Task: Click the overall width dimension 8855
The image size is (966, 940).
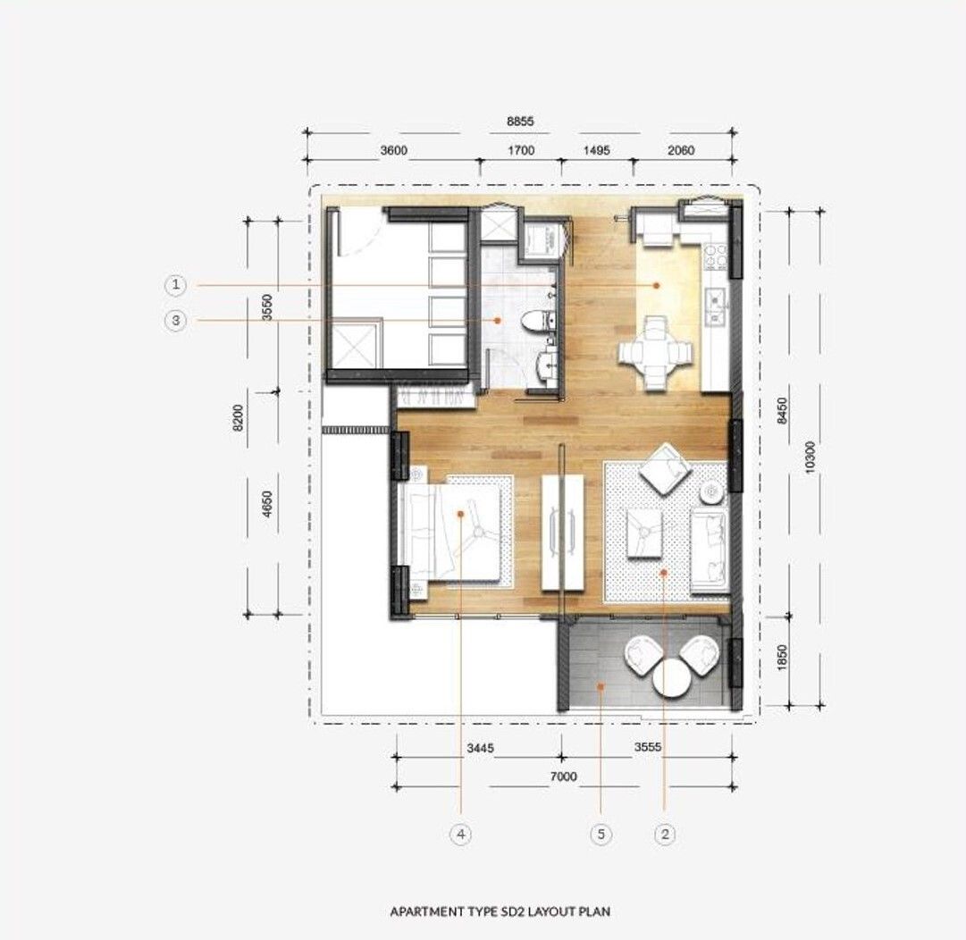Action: tap(520, 122)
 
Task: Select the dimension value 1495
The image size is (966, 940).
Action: tap(596, 150)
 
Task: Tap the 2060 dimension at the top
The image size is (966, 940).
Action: tap(681, 150)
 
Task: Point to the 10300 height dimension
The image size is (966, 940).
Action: tap(810, 457)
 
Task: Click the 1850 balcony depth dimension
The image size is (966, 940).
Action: tap(782, 658)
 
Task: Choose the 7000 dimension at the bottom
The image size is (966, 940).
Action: tap(563, 776)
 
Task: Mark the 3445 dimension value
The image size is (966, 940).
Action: tap(480, 749)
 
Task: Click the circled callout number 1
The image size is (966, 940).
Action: tap(176, 284)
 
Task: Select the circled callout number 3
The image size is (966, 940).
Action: tap(176, 320)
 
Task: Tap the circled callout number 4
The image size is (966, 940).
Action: tap(461, 835)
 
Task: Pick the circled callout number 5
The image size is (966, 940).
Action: tap(601, 835)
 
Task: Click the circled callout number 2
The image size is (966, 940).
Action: tap(665, 835)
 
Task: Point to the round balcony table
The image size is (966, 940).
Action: tap(671, 678)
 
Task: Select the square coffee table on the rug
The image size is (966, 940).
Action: tap(645, 533)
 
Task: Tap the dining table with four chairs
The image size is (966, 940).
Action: tap(654, 354)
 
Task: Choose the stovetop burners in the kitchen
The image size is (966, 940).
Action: tap(715, 257)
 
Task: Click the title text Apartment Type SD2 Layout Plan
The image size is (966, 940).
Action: tap(500, 911)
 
